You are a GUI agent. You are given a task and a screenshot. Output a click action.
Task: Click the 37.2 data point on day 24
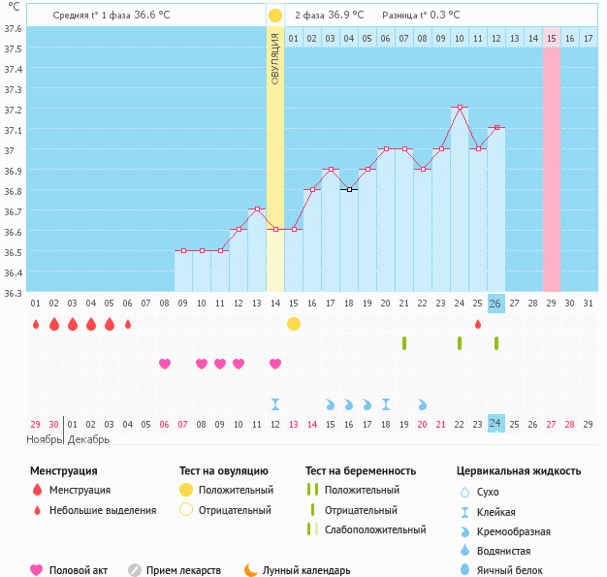click(x=460, y=107)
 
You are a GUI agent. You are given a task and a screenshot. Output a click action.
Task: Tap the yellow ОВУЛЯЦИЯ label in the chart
click(x=275, y=58)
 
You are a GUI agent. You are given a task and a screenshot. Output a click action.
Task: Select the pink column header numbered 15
click(x=551, y=38)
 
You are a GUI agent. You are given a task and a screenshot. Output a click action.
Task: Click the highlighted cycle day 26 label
click(x=495, y=304)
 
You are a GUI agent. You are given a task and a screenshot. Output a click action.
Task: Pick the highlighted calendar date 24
click(x=495, y=424)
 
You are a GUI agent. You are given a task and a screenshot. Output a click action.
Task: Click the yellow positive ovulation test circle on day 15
click(x=294, y=324)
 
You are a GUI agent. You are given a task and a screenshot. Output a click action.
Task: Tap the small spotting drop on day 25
click(x=478, y=324)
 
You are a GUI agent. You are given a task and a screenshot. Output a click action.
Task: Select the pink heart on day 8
click(x=165, y=364)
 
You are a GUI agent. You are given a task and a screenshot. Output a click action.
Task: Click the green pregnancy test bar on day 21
click(x=404, y=343)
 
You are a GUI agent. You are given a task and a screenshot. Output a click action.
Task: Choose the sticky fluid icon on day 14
click(x=275, y=403)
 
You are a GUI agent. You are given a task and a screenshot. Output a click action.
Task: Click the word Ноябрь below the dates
click(x=44, y=439)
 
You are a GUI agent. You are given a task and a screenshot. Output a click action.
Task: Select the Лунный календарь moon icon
click(x=251, y=570)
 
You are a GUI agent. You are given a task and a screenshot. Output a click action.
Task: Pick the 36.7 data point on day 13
click(x=257, y=208)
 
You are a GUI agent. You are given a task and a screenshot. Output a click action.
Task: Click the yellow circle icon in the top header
click(x=275, y=16)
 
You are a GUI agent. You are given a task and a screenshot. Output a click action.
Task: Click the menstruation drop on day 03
click(x=73, y=324)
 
